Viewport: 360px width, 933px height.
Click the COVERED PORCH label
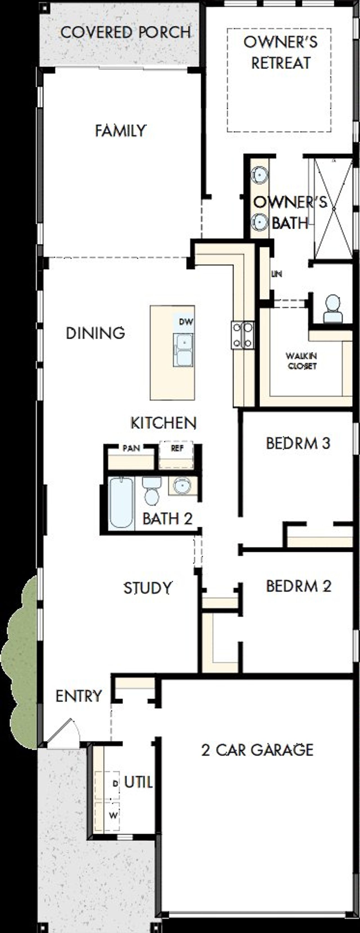point(125,33)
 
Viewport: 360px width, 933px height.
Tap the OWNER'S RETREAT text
point(281,53)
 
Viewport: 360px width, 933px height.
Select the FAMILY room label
point(121,131)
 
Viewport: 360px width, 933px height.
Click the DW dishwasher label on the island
point(186,321)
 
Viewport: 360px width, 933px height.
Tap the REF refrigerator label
point(177,449)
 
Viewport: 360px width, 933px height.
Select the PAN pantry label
point(131,449)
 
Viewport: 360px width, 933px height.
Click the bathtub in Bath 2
point(121,502)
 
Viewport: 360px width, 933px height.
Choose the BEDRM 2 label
point(298,586)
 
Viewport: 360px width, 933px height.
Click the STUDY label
point(147,588)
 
